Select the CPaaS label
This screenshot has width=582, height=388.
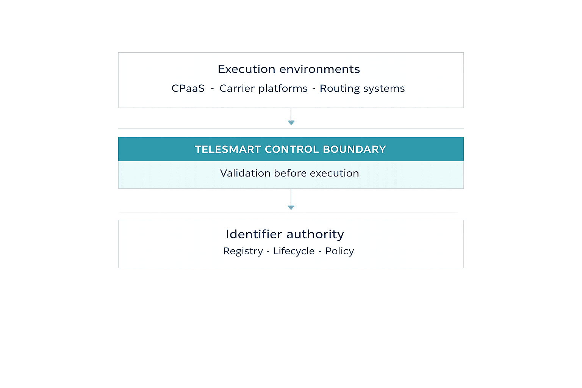(188, 88)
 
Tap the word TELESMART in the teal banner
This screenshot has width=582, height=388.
(228, 149)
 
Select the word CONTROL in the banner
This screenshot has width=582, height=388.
(292, 149)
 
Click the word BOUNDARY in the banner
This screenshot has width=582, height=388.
(354, 149)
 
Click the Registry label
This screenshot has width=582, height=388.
(243, 251)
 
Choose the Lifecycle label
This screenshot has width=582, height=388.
(294, 251)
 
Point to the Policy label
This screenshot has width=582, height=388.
(339, 251)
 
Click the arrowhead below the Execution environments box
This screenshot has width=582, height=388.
(291, 122)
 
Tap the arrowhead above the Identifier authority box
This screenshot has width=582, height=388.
(291, 207)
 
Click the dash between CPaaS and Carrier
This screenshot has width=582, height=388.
(212, 89)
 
